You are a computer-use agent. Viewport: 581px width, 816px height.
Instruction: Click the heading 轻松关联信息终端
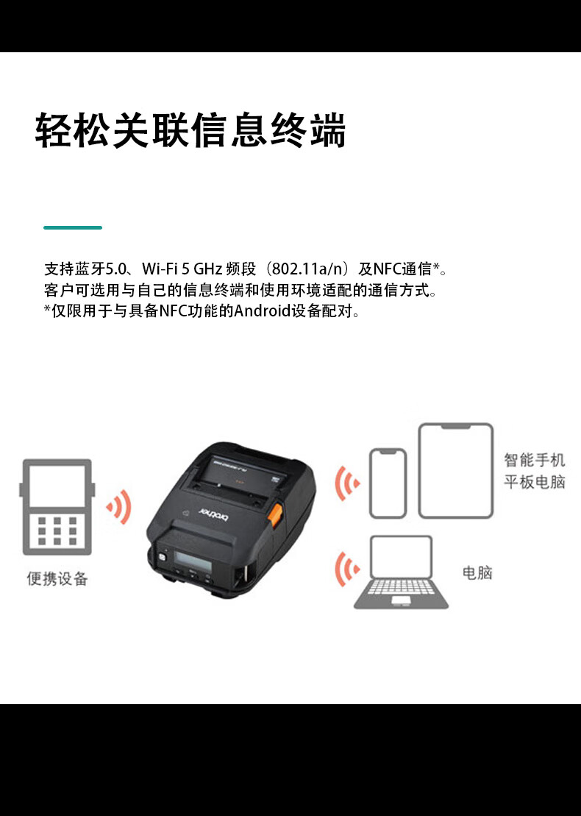[190, 130]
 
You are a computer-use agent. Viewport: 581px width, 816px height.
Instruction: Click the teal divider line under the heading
[73, 227]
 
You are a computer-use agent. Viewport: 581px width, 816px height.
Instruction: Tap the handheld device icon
[57, 507]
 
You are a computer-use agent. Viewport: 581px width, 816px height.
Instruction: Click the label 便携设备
[57, 578]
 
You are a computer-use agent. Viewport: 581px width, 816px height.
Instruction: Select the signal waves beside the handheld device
[119, 506]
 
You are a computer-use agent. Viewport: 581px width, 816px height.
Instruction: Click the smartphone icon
[388, 483]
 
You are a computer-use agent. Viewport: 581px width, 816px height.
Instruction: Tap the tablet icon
[456, 470]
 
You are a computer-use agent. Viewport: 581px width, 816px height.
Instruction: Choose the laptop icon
[401, 572]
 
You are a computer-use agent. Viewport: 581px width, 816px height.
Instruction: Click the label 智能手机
[534, 460]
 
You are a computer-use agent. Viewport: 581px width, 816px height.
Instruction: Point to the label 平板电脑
[534, 482]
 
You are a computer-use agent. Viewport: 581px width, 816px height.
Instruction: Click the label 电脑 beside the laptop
[477, 573]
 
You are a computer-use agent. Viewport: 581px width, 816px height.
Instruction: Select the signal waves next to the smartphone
[347, 483]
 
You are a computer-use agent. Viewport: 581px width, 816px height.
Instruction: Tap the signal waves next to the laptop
[347, 570]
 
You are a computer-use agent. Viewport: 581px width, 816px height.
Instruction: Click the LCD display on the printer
[193, 561]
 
